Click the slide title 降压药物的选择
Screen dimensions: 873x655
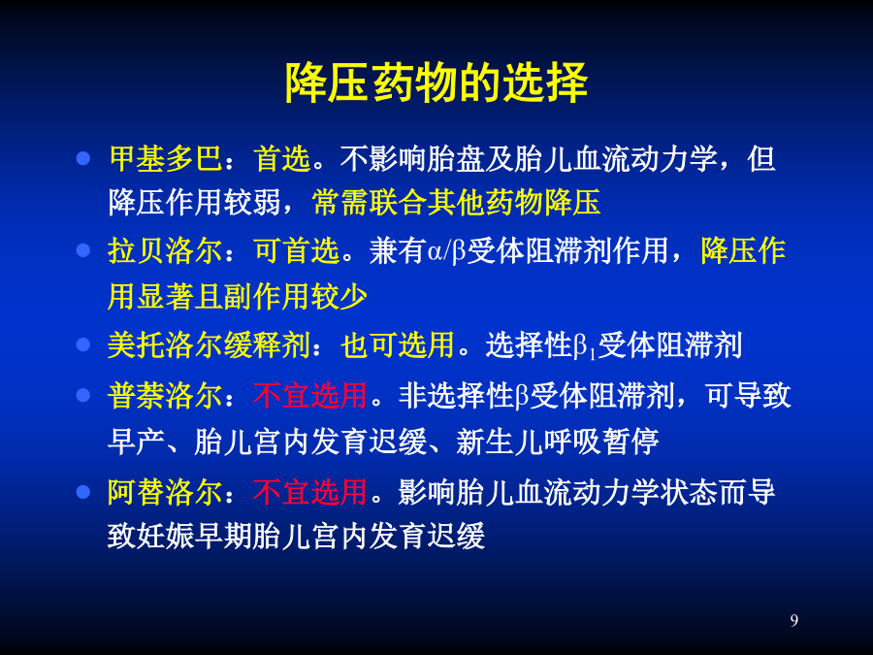click(x=436, y=82)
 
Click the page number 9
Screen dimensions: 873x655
click(x=793, y=620)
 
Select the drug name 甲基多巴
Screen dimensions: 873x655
click(x=165, y=158)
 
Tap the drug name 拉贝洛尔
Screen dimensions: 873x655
click(x=165, y=250)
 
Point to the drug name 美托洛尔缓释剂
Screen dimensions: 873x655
click(x=209, y=345)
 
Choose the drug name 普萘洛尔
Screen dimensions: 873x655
click(x=165, y=396)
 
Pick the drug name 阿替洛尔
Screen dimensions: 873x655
click(x=165, y=492)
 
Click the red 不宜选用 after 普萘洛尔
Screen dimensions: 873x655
click(x=309, y=396)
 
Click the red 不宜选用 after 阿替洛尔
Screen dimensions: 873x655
click(x=309, y=492)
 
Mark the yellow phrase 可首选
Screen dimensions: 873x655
click(x=296, y=250)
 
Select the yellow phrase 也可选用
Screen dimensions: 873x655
click(x=398, y=345)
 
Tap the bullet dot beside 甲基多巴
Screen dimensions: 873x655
click(x=83, y=159)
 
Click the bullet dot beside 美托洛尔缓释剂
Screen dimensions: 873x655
click(x=83, y=344)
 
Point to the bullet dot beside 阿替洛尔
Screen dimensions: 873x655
click(x=83, y=492)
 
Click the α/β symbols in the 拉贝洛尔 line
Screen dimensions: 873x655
click(x=446, y=251)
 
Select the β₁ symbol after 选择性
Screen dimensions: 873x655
click(x=585, y=347)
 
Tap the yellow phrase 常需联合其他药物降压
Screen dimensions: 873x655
click(x=457, y=202)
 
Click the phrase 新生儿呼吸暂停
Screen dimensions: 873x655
click(x=558, y=442)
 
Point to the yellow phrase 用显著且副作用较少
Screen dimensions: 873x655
click(x=238, y=296)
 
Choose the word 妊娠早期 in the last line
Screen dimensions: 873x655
click(x=194, y=536)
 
